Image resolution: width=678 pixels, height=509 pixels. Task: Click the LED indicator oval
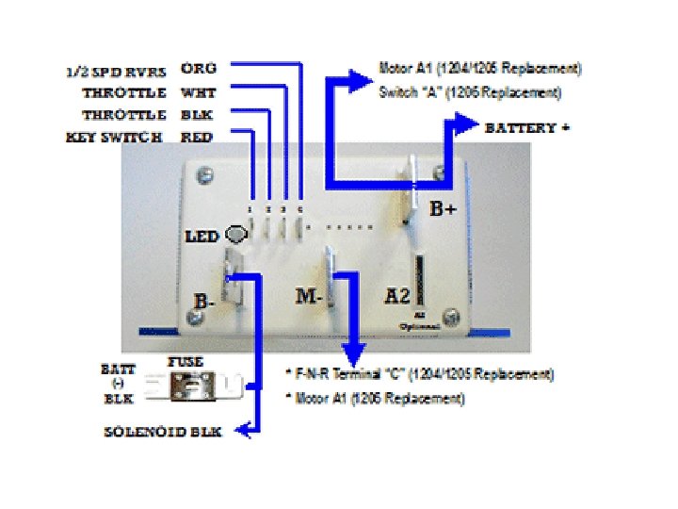click(x=238, y=235)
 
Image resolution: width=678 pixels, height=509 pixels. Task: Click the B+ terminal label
click(x=443, y=209)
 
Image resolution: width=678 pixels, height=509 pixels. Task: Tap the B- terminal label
click(x=203, y=302)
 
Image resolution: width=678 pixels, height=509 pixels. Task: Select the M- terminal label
click(x=311, y=296)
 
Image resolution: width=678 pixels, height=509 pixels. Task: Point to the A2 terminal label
click(x=397, y=296)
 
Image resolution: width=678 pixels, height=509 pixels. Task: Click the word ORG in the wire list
click(x=198, y=69)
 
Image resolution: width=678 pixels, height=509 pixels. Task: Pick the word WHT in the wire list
click(x=198, y=92)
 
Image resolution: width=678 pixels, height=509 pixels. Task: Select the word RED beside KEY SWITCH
click(x=198, y=137)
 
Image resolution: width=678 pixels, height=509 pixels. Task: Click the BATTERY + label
click(x=526, y=127)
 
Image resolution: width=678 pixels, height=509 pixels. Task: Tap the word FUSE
click(x=186, y=361)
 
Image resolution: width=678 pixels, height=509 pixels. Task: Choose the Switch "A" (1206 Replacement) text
click(x=470, y=92)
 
